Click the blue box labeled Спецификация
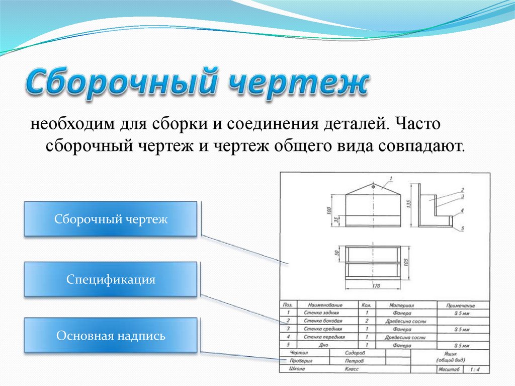coord(111,279)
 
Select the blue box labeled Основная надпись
coord(111,335)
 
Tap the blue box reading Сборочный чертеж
coord(111,219)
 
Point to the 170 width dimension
coord(373,286)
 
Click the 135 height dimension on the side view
coord(409,204)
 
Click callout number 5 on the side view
coord(462,229)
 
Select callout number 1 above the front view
coord(391,178)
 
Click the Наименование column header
coord(325,305)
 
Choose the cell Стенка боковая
coord(323,321)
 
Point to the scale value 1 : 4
coord(474,369)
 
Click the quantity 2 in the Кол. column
coord(367,321)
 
